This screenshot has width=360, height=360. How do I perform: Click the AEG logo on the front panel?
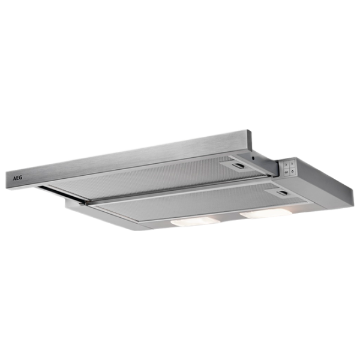point(17,178)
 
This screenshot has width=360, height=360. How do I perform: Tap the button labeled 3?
point(292,164)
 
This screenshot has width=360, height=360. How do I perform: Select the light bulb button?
point(293,171)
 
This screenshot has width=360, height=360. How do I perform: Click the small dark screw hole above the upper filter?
point(253,158)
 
